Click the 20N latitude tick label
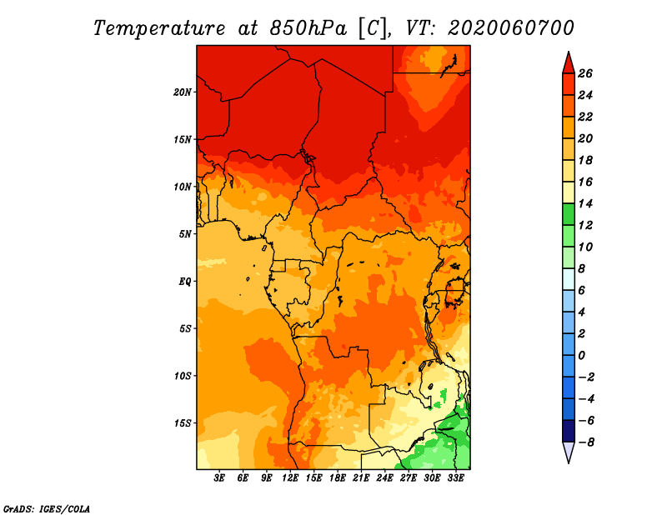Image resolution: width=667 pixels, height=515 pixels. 183,92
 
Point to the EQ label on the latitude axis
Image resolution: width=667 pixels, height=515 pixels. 185,282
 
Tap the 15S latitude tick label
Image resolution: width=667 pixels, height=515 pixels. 183,423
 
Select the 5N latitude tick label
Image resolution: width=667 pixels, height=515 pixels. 185,234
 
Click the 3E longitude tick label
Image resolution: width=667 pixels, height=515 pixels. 219,478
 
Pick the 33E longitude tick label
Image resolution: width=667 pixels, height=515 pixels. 455,478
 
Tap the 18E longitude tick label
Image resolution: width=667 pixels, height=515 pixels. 338,478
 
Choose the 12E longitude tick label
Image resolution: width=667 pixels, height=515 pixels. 290,478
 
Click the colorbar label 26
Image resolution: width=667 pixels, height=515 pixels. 585,74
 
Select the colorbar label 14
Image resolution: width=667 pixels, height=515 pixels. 585,204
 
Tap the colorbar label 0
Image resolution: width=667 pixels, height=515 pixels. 581,356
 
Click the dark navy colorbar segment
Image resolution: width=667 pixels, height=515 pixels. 569,431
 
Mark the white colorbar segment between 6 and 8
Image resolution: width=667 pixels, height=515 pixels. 569,279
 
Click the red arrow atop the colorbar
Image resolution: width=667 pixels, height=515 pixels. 569,63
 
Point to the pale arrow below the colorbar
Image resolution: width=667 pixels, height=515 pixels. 569,452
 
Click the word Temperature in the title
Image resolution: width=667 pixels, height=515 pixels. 159,28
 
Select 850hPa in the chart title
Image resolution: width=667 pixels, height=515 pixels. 308,28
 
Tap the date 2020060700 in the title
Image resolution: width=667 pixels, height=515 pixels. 511,28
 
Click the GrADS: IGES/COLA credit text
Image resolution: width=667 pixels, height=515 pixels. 47,509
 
